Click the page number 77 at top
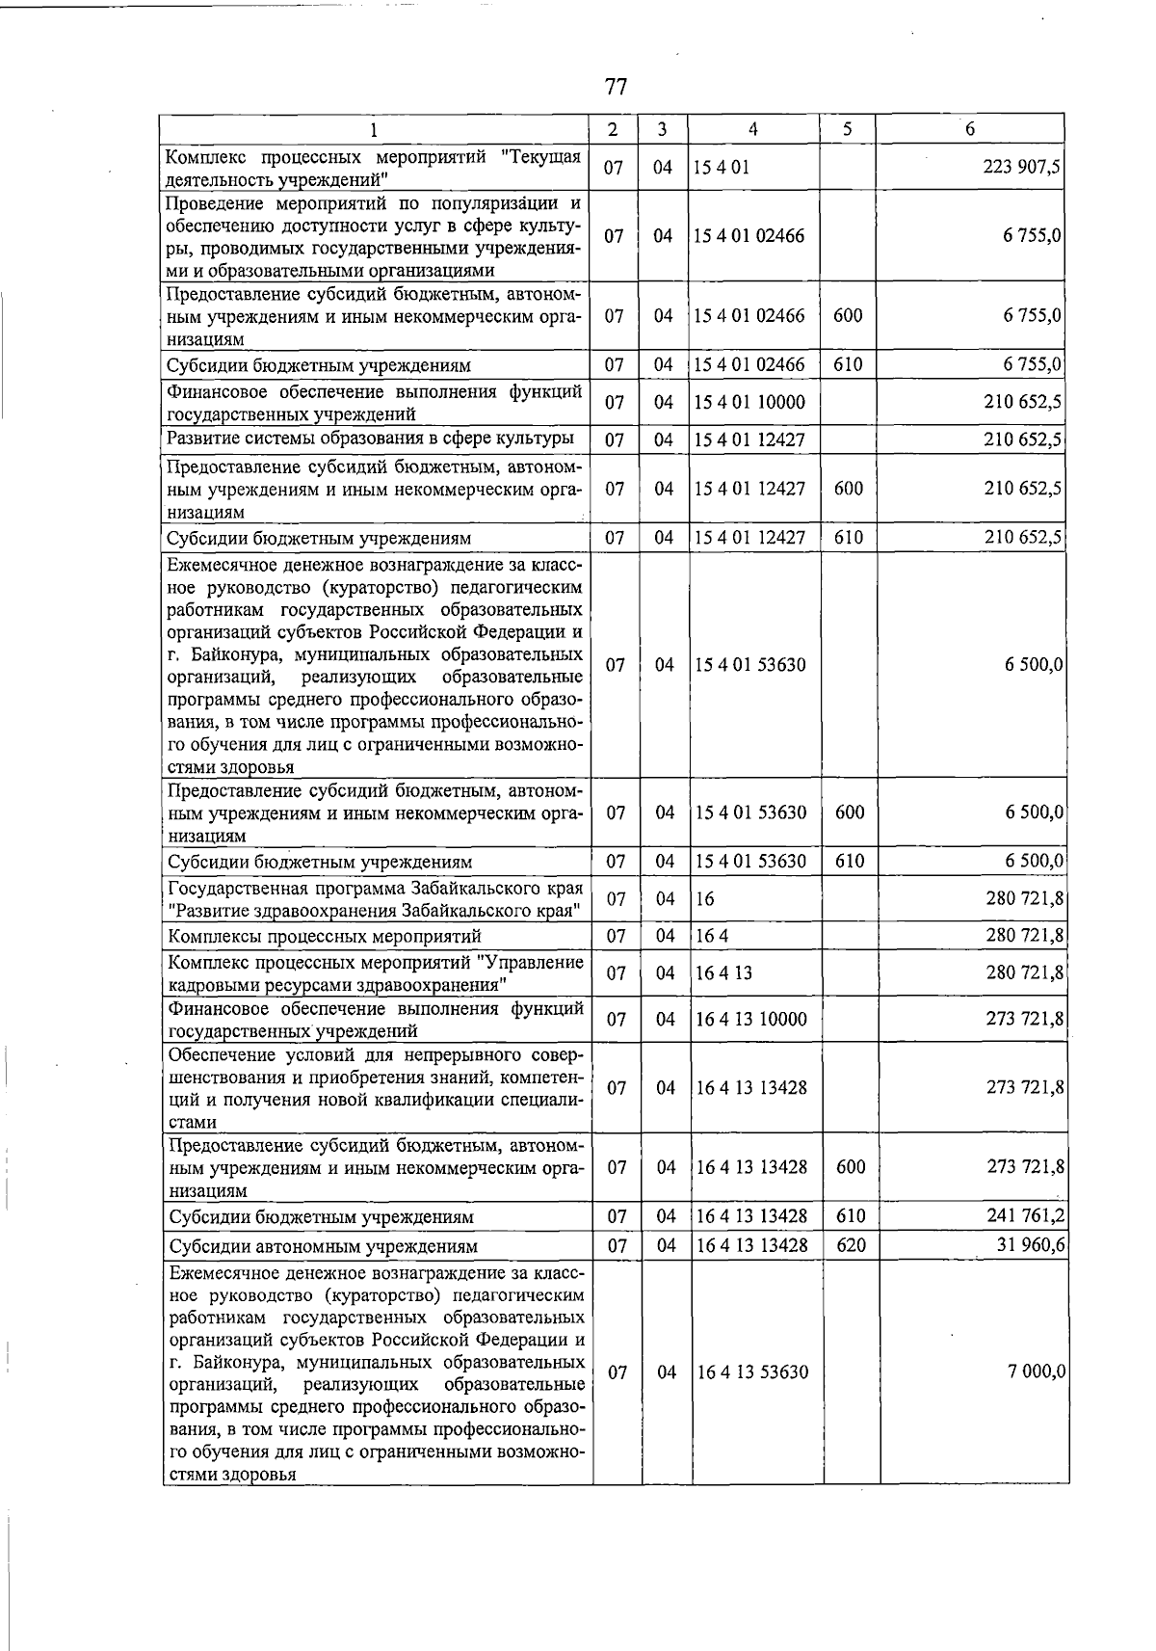point(617,87)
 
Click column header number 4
point(752,129)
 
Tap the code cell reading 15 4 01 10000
point(749,402)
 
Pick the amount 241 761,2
point(1025,1215)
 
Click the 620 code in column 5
point(851,1245)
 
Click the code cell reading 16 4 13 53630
point(751,1371)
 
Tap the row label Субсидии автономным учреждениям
point(323,1246)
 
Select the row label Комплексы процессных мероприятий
point(325,936)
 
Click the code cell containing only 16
point(705,899)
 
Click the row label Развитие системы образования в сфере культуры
point(371,439)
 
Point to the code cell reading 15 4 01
point(722,167)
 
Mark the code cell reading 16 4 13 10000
point(751,1019)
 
